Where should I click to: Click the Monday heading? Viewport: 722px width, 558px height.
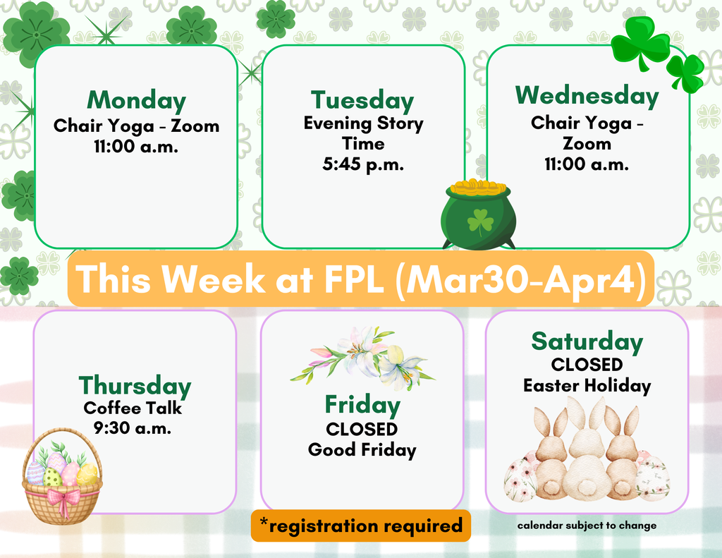pyautogui.click(x=136, y=100)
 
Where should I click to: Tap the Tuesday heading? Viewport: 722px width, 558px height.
pyautogui.click(x=362, y=100)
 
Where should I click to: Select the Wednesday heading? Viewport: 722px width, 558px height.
pyautogui.click(x=587, y=95)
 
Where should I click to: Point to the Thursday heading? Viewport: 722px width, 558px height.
pyautogui.click(x=135, y=386)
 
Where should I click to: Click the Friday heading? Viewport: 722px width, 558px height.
pyautogui.click(x=362, y=405)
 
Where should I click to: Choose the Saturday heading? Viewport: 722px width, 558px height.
pyautogui.click(x=587, y=342)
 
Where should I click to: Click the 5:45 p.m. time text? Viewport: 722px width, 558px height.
pyautogui.click(x=363, y=164)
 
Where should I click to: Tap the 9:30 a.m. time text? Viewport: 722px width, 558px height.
pyautogui.click(x=133, y=427)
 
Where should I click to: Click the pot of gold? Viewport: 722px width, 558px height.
pyautogui.click(x=478, y=215)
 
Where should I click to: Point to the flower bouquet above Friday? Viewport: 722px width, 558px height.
pyautogui.click(x=362, y=358)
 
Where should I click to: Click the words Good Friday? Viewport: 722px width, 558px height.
pyautogui.click(x=362, y=450)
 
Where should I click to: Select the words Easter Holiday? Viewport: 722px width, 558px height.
pyautogui.click(x=587, y=386)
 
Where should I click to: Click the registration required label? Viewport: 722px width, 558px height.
pyautogui.click(x=360, y=526)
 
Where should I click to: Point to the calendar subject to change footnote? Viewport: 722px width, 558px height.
pyautogui.click(x=587, y=526)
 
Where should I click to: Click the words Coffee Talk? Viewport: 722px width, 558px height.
pyautogui.click(x=133, y=408)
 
